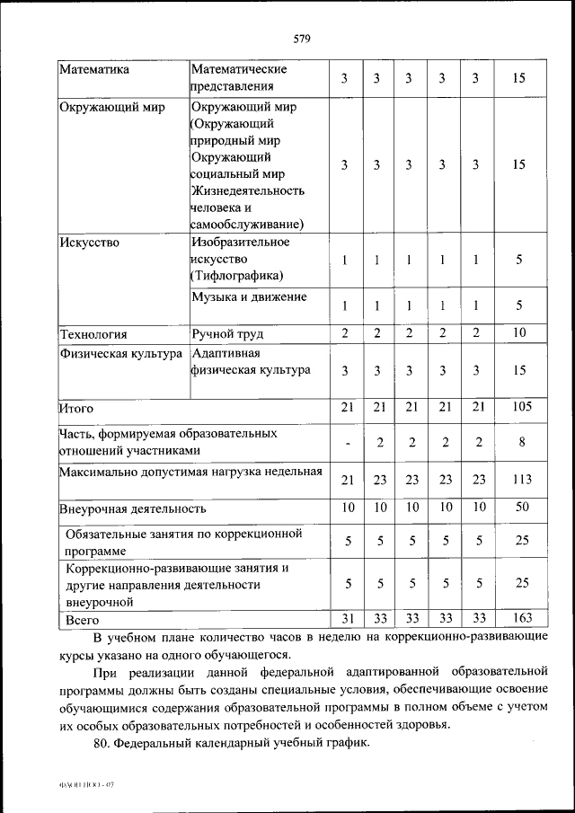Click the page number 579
(x=301, y=38)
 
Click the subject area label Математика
(x=94, y=69)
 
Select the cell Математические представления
(x=239, y=78)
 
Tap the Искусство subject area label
(x=89, y=242)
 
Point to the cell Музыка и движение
(x=249, y=296)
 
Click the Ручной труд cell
(x=227, y=334)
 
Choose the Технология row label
(x=93, y=334)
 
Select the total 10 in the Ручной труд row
(x=518, y=333)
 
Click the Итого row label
(x=76, y=409)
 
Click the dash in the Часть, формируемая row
(x=346, y=443)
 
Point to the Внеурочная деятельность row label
(x=132, y=508)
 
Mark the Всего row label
(x=83, y=620)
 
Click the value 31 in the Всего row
(x=346, y=617)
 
